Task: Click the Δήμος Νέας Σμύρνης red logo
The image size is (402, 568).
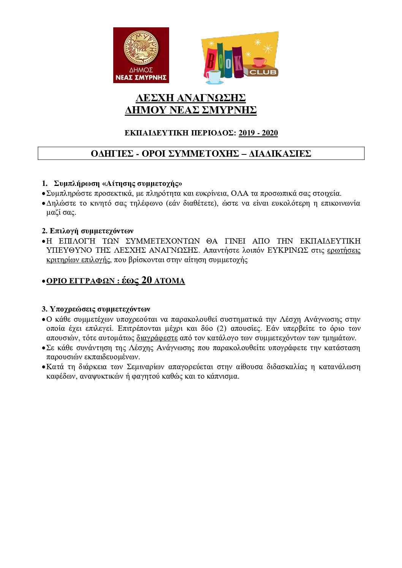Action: [141, 55]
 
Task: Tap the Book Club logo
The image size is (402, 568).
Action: [240, 57]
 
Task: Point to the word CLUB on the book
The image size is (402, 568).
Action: [263, 72]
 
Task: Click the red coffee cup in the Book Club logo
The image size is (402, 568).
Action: [260, 61]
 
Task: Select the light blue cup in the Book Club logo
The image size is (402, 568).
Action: [214, 76]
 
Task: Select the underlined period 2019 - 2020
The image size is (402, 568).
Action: [258, 133]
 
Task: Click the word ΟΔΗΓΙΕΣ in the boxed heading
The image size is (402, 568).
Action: [112, 154]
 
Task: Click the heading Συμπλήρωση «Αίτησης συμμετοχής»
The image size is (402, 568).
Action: [118, 184]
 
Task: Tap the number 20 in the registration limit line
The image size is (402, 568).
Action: [147, 280]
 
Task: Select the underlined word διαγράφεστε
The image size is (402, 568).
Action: [157, 338]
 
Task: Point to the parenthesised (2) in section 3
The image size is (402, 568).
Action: [222, 329]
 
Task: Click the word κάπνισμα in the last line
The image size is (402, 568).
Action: [223, 376]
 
